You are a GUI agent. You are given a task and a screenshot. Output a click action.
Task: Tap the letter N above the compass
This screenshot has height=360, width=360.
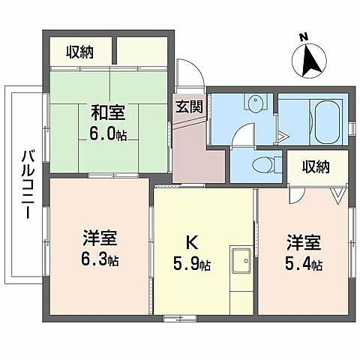pos(303,37)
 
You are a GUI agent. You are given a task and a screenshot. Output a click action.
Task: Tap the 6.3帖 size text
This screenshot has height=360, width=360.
pos(100,261)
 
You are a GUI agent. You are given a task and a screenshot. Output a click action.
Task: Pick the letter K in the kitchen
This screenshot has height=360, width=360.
pos(191,243)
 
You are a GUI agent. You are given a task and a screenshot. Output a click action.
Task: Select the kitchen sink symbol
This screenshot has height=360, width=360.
pos(241,262)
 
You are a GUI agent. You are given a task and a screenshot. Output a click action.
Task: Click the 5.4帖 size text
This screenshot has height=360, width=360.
pos(304,264)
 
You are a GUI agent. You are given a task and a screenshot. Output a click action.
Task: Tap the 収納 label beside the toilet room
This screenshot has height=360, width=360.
pos(316,166)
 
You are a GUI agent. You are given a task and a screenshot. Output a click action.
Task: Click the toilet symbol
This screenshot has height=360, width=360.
pos(262,165)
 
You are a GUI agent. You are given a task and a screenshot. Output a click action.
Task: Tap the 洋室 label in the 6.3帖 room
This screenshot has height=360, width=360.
pos(99,242)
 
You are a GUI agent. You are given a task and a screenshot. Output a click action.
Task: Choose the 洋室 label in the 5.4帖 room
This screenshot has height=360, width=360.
pos(303,244)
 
